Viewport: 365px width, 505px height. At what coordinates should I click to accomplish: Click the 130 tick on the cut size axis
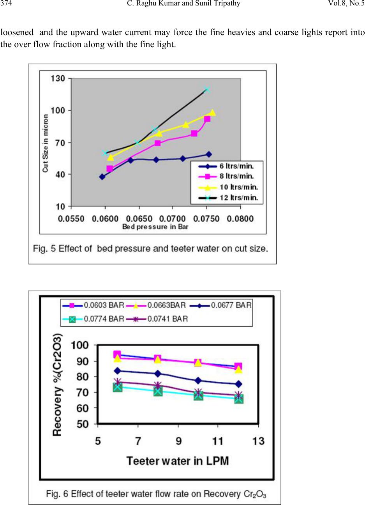pyautogui.click(x=59, y=79)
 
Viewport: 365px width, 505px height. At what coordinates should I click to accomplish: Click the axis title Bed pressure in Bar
pyautogui.click(x=155, y=227)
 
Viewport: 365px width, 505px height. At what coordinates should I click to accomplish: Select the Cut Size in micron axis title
pyautogui.click(x=46, y=143)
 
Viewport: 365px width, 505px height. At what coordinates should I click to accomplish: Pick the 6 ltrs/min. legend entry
pyautogui.click(x=227, y=166)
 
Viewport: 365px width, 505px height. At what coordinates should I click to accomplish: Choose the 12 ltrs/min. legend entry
pyautogui.click(x=227, y=198)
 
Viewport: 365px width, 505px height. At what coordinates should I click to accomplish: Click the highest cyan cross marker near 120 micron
pyautogui.click(x=207, y=90)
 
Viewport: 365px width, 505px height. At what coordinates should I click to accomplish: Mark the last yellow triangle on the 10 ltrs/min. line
pyautogui.click(x=212, y=113)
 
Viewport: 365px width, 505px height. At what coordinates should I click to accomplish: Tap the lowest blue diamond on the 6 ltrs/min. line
pyautogui.click(x=102, y=177)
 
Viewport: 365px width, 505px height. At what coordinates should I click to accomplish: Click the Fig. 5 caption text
pyautogui.click(x=150, y=249)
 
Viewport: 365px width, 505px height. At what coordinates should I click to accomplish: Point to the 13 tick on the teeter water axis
pyautogui.click(x=258, y=441)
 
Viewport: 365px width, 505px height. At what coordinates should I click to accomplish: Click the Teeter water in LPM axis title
pyautogui.click(x=177, y=461)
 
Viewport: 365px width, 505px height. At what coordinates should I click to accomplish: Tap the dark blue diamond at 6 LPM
pyautogui.click(x=117, y=371)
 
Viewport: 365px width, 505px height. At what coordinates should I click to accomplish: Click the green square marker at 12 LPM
pyautogui.click(x=238, y=399)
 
